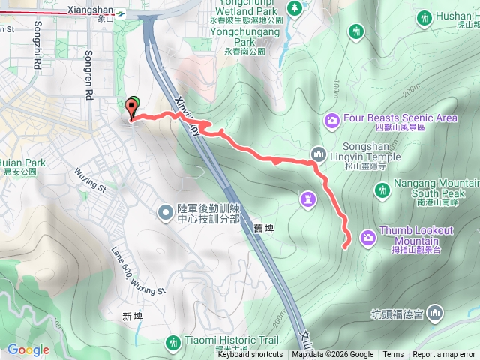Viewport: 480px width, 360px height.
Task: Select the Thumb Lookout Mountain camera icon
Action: [x=368, y=236]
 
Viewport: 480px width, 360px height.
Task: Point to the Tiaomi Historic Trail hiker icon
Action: [x=174, y=342]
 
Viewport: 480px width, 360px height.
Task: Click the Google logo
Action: [x=28, y=349]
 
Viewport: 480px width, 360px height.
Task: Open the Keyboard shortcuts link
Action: [x=250, y=355]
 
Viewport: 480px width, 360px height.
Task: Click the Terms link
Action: [x=393, y=355]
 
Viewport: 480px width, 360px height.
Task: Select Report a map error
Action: [x=444, y=355]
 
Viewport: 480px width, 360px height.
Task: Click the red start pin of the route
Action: [x=133, y=109]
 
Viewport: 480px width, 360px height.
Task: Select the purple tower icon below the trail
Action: [x=307, y=199]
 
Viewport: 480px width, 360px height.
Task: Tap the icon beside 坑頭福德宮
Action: [x=435, y=313]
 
